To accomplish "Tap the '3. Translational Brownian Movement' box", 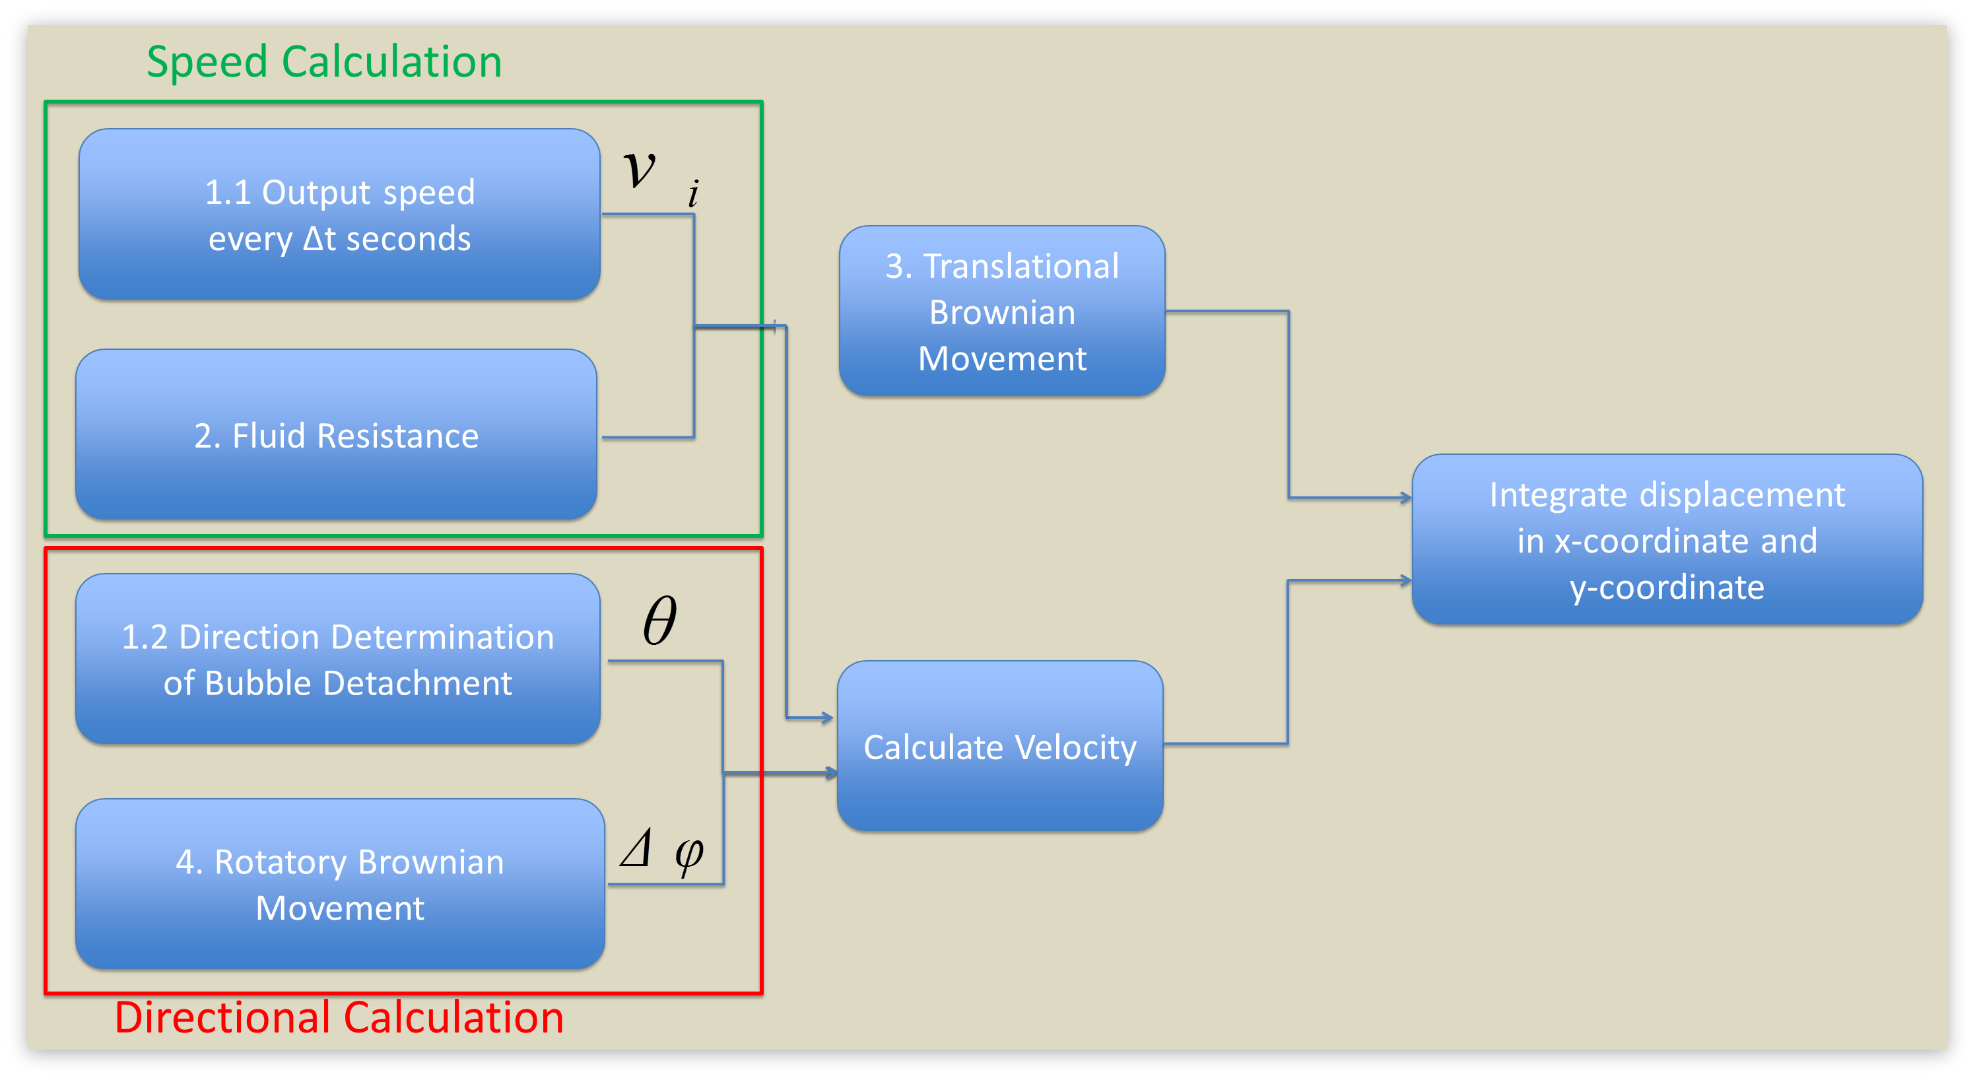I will (x=1002, y=310).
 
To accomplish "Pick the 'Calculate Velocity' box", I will (x=1000, y=746).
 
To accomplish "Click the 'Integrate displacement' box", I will (x=1667, y=539).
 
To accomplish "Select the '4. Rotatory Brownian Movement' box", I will (x=340, y=884).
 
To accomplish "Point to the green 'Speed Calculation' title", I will (x=324, y=61).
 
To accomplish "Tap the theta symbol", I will (x=659, y=620).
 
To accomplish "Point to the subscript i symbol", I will (x=693, y=193).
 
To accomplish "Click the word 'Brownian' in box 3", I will (x=1002, y=313).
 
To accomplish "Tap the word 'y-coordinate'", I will (x=1667, y=587).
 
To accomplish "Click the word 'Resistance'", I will (x=397, y=436).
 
